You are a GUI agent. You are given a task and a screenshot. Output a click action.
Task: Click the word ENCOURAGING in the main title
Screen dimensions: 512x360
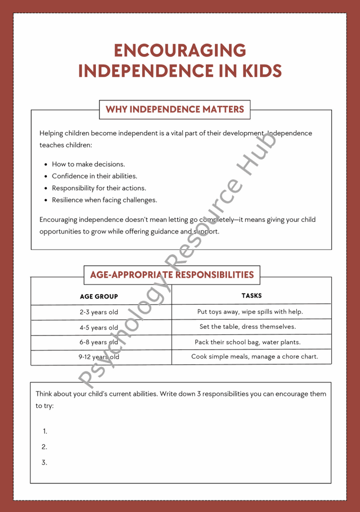coord(180,50)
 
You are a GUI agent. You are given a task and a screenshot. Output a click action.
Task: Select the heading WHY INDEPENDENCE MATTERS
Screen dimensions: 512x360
coord(175,109)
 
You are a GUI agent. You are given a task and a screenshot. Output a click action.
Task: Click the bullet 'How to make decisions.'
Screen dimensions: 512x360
coord(88,164)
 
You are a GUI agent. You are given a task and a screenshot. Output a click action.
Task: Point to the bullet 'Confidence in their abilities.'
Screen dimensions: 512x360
coord(94,176)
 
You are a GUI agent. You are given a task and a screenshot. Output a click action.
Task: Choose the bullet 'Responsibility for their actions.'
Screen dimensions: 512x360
coord(99,188)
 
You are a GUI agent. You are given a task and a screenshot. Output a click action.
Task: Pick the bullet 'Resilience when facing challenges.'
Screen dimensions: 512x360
coord(105,200)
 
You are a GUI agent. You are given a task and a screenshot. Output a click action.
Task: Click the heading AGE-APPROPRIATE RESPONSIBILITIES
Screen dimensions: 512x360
coord(172,275)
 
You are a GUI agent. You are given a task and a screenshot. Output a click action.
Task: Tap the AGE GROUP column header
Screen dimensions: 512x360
coord(99,297)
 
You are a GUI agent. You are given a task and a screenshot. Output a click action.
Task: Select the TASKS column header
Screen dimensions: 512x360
coord(251,296)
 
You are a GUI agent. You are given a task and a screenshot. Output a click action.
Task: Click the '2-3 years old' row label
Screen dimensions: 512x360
coord(99,312)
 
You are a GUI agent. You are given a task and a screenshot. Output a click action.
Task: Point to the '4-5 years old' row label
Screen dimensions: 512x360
coord(99,327)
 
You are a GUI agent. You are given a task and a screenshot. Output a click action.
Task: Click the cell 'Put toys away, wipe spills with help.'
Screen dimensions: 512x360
coord(250,311)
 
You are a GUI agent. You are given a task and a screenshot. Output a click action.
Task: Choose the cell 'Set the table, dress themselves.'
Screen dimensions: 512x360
coord(247,326)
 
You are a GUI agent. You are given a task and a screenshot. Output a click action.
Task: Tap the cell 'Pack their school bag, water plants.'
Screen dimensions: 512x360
coord(247,342)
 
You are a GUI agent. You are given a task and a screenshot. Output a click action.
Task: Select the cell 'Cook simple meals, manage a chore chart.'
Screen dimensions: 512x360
coord(254,357)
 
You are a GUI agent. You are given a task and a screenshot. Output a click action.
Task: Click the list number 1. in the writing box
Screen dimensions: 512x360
coord(45,431)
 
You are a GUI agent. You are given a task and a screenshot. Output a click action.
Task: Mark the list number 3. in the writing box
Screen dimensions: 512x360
coord(44,463)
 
